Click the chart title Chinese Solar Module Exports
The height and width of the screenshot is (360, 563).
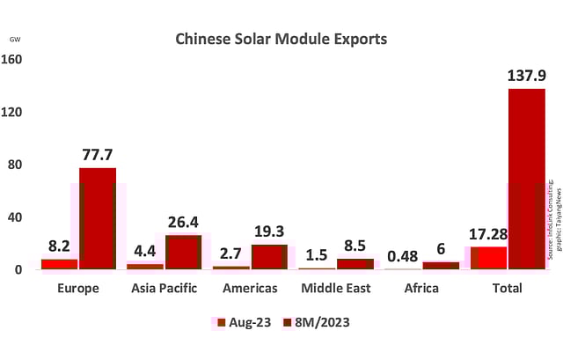click(x=281, y=40)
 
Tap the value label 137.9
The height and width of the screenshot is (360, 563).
click(x=526, y=76)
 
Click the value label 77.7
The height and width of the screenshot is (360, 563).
click(x=97, y=155)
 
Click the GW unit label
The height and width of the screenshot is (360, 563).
click(x=15, y=40)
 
